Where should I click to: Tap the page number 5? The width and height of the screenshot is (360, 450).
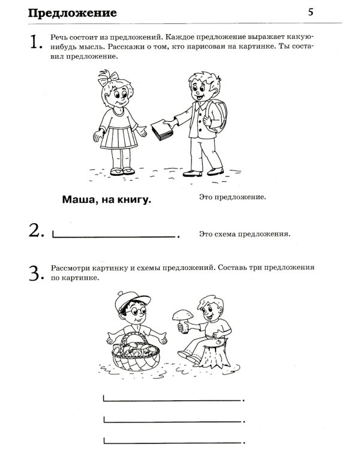coord(310,12)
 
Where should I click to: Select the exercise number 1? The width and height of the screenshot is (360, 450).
coord(35,42)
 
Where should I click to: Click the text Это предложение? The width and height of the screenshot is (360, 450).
coord(231,196)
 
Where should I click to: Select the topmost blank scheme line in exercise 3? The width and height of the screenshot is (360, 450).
coord(173,398)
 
